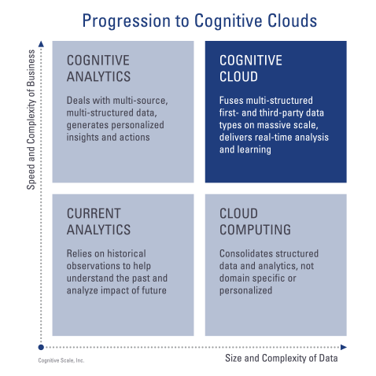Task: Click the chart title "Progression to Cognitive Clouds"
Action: [x=200, y=21]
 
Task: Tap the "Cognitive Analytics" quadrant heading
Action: [x=98, y=68]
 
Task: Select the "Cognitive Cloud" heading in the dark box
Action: [x=251, y=68]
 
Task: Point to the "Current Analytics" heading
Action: [x=98, y=222]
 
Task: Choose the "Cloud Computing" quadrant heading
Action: [x=255, y=222]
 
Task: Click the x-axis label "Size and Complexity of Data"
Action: [x=282, y=358]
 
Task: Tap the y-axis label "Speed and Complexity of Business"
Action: [x=31, y=120]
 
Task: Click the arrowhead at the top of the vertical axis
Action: [x=41, y=44]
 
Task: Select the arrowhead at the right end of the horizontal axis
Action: [x=344, y=347]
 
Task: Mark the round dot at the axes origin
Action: [x=41, y=347]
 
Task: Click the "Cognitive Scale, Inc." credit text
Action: [x=61, y=360]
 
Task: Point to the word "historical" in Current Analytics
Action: [x=127, y=253]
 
